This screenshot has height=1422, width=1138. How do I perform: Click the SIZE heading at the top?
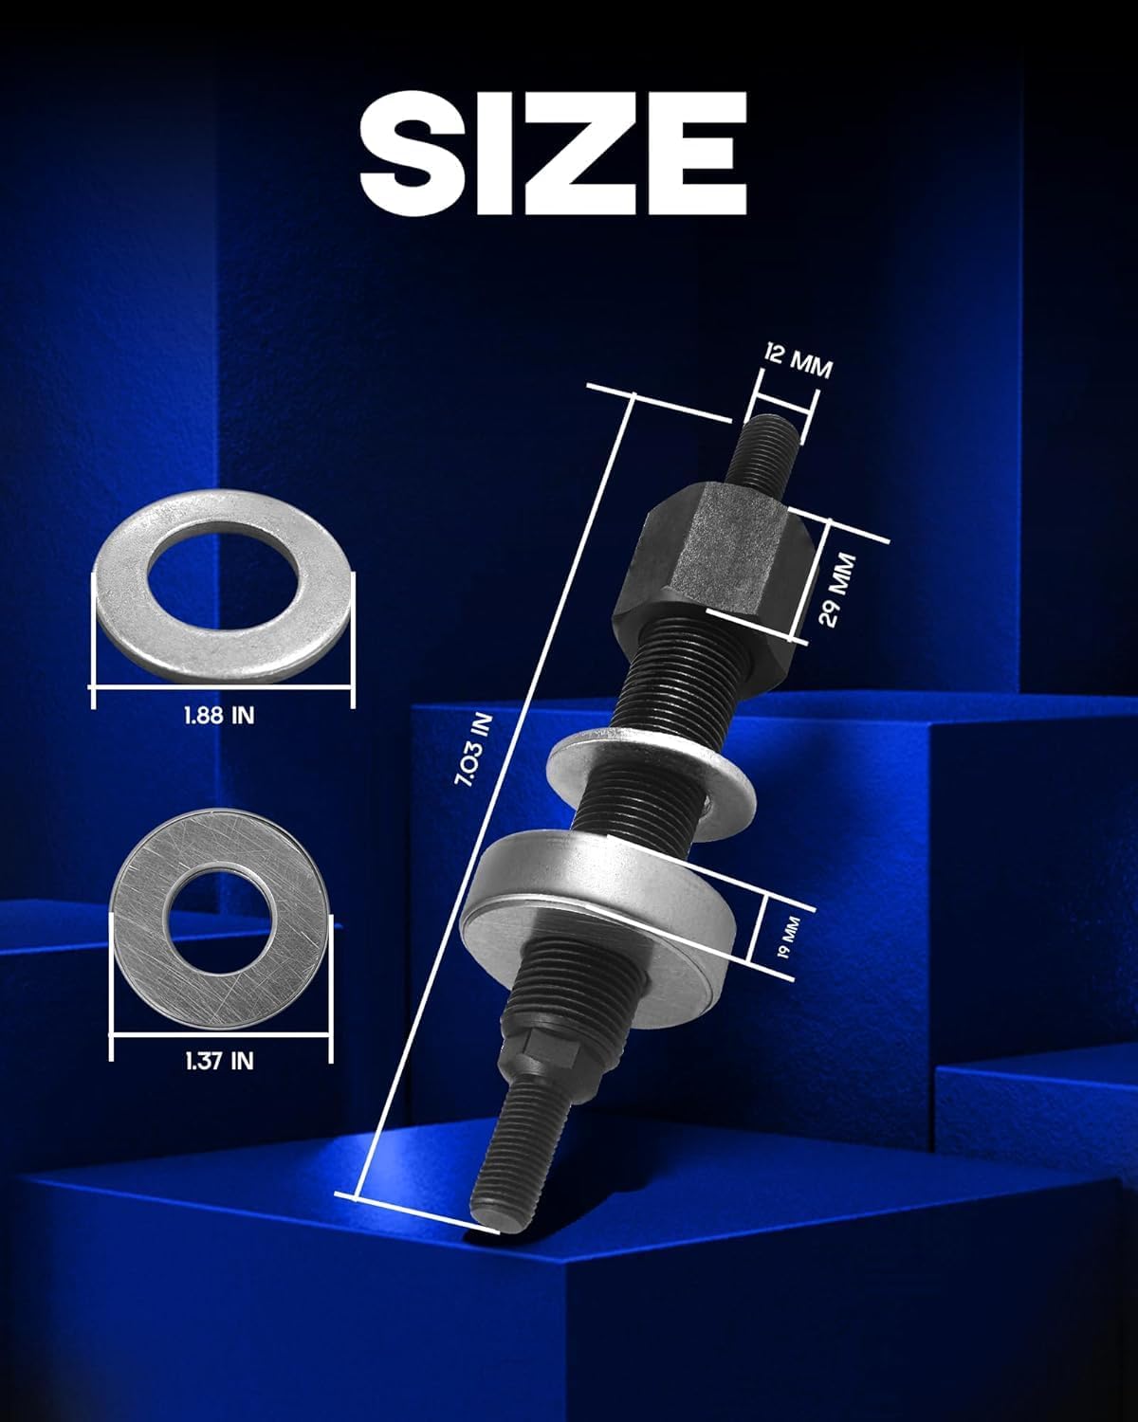(x=554, y=154)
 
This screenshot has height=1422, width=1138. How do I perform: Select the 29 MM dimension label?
(x=837, y=590)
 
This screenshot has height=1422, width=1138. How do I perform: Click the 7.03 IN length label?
(x=474, y=749)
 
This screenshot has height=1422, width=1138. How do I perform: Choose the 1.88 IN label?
(x=219, y=715)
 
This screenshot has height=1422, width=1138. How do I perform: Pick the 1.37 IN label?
(x=219, y=1061)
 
